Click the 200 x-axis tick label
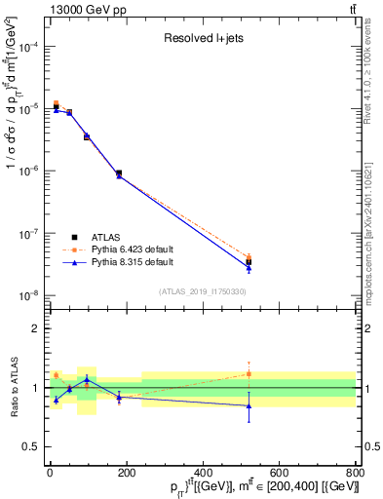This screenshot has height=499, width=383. pos(126,473)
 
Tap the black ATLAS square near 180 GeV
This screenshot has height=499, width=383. pos(119,173)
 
